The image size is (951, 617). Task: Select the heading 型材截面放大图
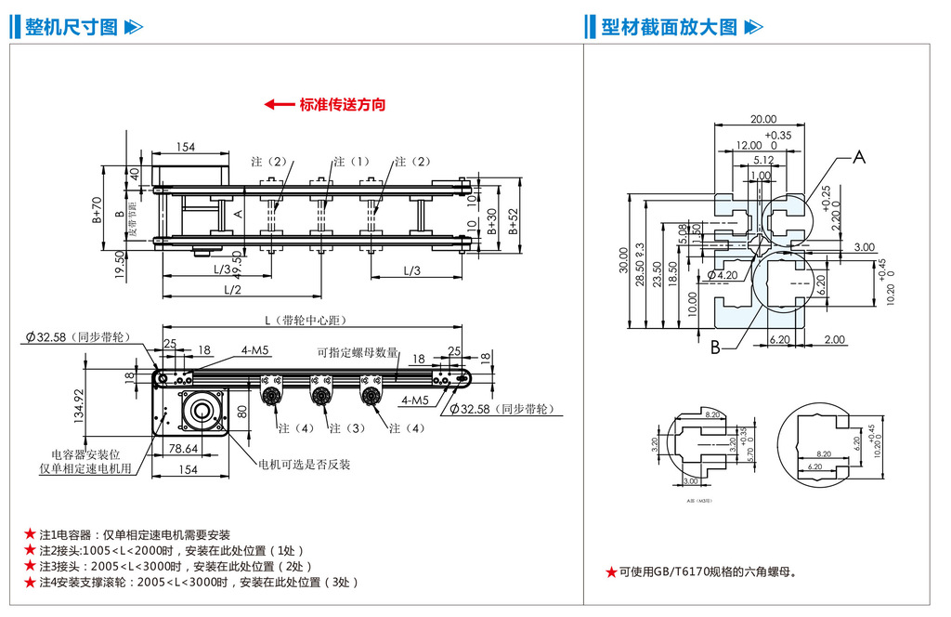click(669, 27)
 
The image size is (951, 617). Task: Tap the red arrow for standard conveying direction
click(279, 105)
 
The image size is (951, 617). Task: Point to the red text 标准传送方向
click(342, 105)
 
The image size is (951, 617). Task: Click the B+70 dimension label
click(97, 212)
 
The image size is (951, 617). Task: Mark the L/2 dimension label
click(233, 290)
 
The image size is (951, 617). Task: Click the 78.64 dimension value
click(184, 449)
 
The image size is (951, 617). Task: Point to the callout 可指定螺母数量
click(357, 353)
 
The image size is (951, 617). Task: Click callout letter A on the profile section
click(859, 157)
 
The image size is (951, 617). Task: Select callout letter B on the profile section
click(715, 348)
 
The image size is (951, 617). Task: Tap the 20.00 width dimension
click(762, 119)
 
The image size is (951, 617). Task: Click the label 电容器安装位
click(86, 455)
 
